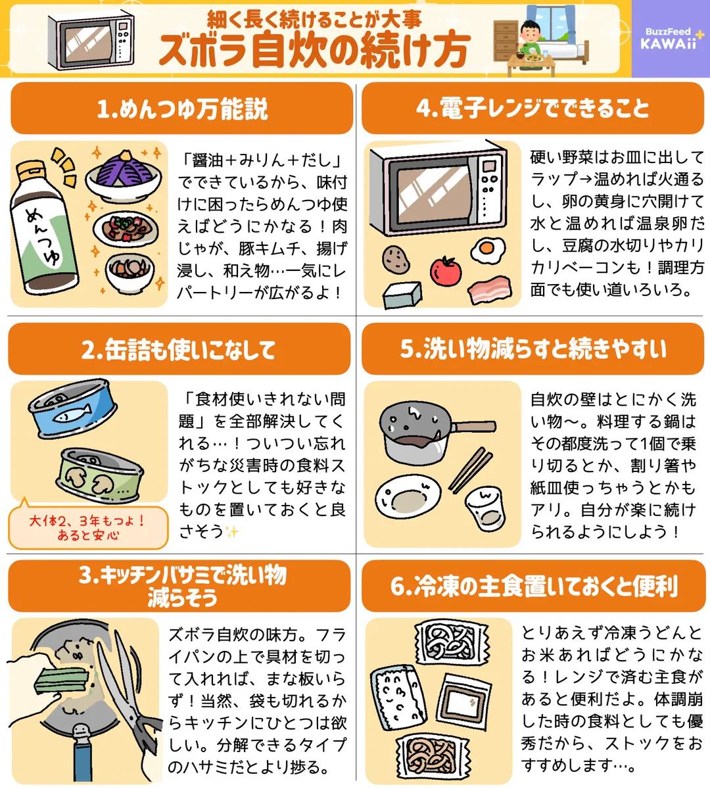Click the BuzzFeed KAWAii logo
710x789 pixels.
click(x=670, y=39)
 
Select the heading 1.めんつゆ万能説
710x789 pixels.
click(x=182, y=108)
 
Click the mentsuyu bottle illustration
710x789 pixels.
click(x=44, y=227)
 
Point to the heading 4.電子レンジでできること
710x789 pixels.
click(x=532, y=108)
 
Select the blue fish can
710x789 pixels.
click(x=72, y=408)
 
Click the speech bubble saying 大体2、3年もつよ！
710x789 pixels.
click(x=87, y=527)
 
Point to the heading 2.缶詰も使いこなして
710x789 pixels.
click(x=179, y=350)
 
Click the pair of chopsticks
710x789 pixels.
click(x=470, y=469)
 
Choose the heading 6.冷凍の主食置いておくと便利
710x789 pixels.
click(x=533, y=586)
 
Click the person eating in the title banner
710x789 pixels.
click(x=531, y=39)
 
